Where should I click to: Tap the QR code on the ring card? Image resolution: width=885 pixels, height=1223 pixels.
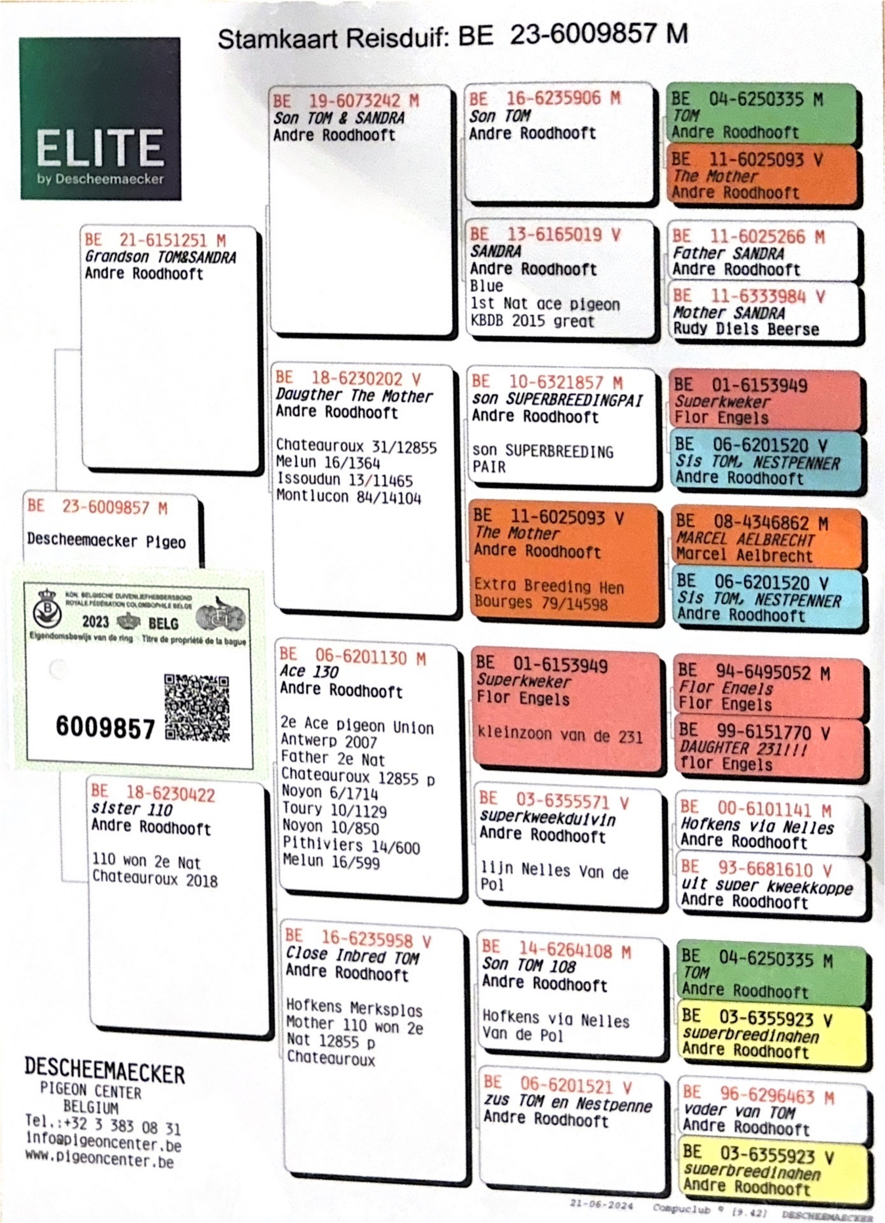click(x=197, y=707)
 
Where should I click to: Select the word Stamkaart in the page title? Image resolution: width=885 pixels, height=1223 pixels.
click(x=278, y=39)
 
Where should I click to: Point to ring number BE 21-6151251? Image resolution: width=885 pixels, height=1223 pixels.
click(x=155, y=240)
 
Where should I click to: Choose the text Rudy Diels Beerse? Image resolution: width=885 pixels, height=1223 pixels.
click(x=746, y=329)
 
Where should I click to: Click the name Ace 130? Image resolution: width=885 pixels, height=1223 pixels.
click(x=309, y=672)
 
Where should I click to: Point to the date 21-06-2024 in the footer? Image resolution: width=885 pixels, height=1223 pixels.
click(x=601, y=1204)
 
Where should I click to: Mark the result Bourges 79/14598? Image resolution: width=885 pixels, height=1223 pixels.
click(x=541, y=602)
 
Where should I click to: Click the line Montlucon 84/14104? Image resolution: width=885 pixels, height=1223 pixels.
click(x=348, y=497)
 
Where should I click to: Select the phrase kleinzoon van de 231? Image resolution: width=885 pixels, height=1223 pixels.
click(x=560, y=735)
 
